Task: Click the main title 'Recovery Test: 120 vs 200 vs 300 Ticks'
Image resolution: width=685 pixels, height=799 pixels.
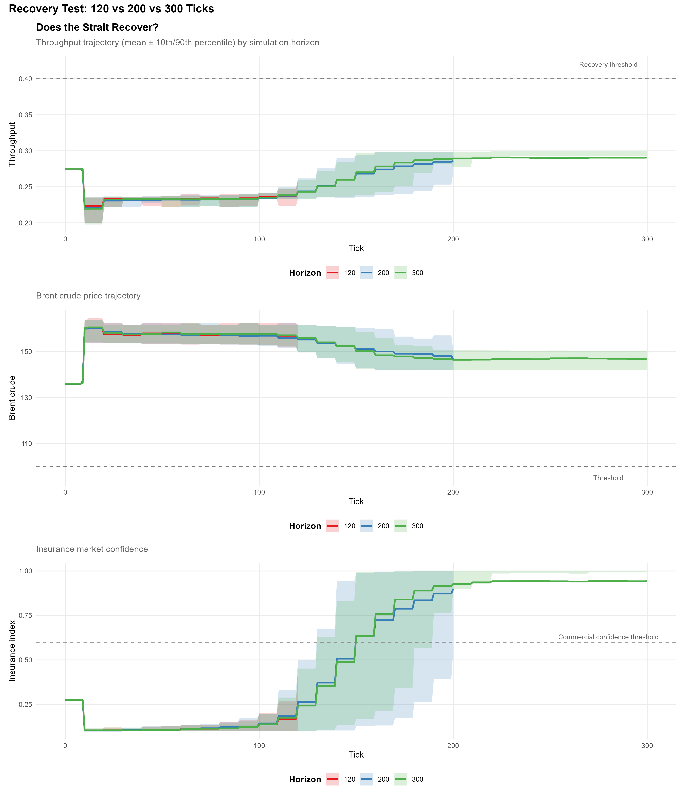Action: pos(111,9)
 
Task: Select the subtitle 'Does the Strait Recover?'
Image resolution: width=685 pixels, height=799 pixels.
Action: pos(97,28)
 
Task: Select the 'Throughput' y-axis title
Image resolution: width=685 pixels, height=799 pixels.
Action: pos(12,144)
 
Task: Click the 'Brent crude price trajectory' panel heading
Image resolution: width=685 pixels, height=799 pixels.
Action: pos(88,296)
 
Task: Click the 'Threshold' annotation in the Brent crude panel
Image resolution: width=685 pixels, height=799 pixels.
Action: pos(608,478)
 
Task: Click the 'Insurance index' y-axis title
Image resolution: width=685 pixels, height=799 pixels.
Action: pos(12,651)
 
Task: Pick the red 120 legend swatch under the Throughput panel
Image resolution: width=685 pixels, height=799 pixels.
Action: pos(332,273)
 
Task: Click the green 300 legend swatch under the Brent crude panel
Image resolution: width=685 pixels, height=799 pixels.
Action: pos(400,526)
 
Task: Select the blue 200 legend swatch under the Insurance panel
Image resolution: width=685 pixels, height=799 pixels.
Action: pos(366,779)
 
